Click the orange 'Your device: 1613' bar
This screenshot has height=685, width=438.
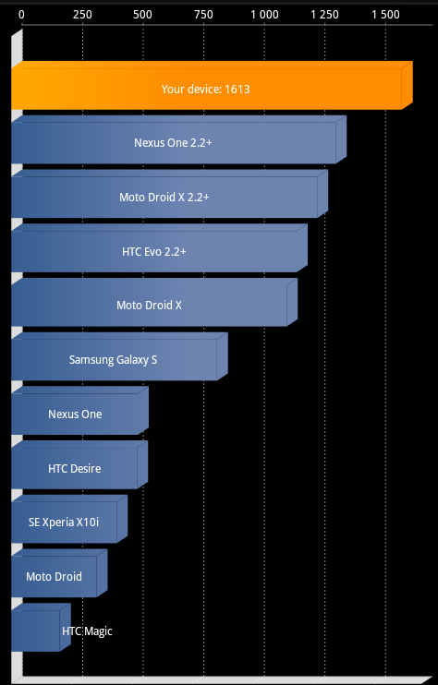[212, 86]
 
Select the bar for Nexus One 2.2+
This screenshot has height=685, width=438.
[178, 139]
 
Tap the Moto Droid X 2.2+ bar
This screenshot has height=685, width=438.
[170, 194]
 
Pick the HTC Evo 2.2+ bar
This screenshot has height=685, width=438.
[160, 248]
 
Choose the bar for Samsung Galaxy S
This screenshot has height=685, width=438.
[120, 356]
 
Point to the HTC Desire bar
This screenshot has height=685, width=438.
[79, 465]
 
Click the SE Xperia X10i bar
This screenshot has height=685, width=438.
[69, 519]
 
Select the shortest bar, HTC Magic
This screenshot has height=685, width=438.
[41, 628]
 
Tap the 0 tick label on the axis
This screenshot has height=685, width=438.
[21, 15]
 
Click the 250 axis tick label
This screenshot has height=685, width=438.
[82, 15]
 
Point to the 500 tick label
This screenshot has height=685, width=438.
[143, 15]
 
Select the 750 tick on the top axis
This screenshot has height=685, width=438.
[203, 15]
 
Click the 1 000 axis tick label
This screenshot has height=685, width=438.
[264, 15]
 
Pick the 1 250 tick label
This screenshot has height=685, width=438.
[324, 15]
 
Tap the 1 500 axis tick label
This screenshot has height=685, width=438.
[385, 15]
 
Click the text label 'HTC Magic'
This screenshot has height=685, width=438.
[87, 631]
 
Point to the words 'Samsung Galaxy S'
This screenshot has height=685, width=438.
[114, 359]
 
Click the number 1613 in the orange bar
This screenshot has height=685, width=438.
[237, 90]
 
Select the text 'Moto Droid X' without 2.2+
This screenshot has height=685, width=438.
[149, 305]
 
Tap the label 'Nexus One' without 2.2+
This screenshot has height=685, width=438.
[75, 414]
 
